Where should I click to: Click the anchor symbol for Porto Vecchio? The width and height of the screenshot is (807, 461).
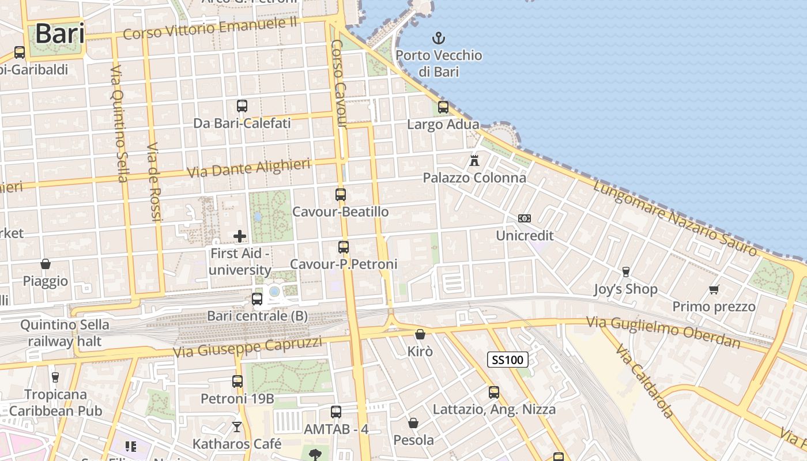click(x=439, y=39)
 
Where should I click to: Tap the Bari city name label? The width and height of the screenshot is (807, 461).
click(x=60, y=33)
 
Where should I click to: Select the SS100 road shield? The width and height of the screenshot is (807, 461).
click(x=508, y=360)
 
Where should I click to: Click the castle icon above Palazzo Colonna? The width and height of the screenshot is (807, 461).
click(x=474, y=160)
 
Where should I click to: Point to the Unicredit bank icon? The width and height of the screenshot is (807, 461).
click(x=525, y=218)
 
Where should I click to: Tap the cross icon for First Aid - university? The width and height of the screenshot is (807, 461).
click(x=240, y=236)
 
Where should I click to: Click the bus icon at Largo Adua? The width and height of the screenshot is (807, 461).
click(x=443, y=107)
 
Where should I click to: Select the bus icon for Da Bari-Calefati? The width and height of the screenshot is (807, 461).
click(x=242, y=106)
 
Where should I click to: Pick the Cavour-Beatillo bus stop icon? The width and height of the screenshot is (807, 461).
click(x=341, y=195)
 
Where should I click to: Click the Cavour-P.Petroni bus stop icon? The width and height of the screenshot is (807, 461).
click(x=344, y=247)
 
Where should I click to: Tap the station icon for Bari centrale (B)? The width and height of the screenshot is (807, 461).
click(x=257, y=299)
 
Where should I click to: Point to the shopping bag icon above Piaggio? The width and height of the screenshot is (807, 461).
click(x=46, y=264)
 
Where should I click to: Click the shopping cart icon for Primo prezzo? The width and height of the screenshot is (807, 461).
click(x=714, y=289)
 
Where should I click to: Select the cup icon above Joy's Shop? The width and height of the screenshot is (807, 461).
click(x=626, y=271)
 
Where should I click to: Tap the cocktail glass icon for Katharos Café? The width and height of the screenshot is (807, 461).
click(x=237, y=427)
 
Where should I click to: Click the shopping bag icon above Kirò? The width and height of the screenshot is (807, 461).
click(x=420, y=334)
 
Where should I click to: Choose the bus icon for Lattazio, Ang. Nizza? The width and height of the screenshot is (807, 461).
click(x=494, y=392)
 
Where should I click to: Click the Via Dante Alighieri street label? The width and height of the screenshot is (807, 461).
click(x=249, y=168)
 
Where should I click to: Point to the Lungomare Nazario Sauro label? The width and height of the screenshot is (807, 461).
click(x=674, y=218)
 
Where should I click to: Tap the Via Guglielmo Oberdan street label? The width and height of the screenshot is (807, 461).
click(x=663, y=332)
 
